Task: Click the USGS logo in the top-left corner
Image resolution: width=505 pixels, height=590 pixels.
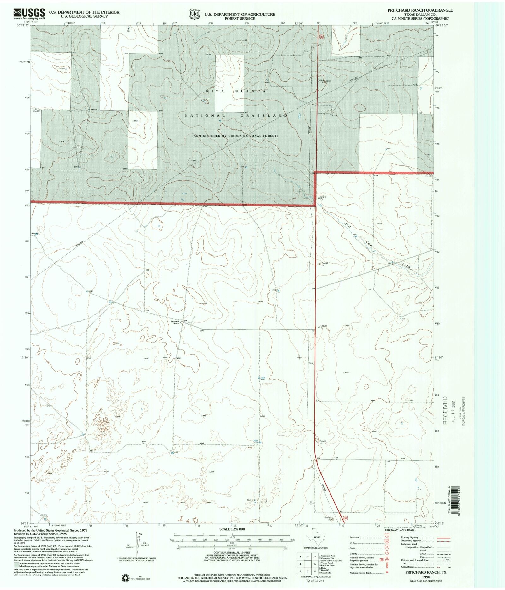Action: (x=29, y=14)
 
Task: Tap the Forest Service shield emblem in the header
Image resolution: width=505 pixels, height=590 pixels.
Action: (x=194, y=14)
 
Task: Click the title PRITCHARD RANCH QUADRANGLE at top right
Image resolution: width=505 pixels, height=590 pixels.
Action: (x=420, y=10)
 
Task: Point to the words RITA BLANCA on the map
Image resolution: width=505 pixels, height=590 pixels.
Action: (x=236, y=91)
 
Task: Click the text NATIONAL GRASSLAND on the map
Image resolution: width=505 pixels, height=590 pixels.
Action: (x=236, y=116)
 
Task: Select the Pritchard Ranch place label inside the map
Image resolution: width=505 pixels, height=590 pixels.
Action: (x=175, y=322)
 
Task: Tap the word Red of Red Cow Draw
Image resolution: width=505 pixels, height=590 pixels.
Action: (x=348, y=225)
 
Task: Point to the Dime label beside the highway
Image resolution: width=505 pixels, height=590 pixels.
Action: (x=311, y=363)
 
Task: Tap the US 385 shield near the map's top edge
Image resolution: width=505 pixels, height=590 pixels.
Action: (x=321, y=37)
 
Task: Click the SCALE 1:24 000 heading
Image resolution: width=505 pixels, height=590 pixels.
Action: (x=232, y=529)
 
